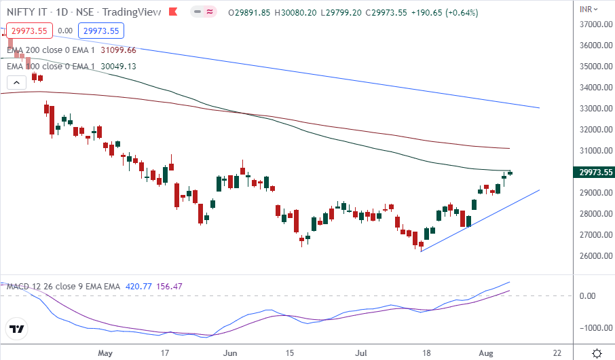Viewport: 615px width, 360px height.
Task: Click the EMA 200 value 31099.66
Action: (118, 50)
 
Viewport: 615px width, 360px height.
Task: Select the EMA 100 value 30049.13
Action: (118, 66)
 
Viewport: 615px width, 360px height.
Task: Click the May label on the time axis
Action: (104, 353)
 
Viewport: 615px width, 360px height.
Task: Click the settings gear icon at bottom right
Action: (597, 353)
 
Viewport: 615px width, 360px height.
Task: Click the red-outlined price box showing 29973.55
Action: (29, 30)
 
